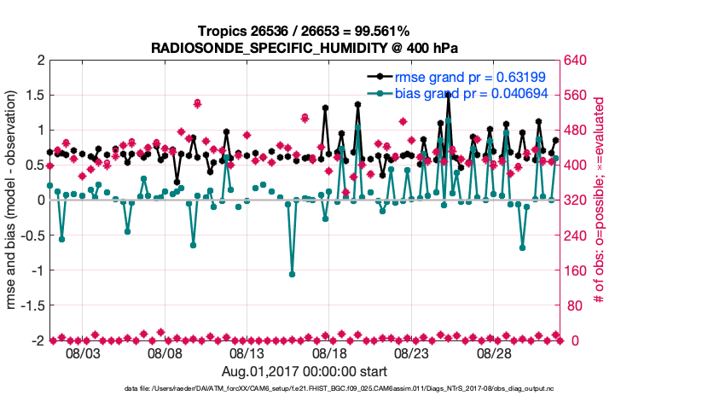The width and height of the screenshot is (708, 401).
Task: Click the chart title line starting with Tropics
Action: pos(305,32)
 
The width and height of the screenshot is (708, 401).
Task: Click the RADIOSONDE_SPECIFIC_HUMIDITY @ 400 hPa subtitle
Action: pos(305,48)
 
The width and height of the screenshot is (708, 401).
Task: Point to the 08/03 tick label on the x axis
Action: pos(83,353)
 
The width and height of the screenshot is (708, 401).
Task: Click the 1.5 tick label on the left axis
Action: pos(35,95)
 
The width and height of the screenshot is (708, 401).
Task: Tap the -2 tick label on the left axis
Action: pos(38,340)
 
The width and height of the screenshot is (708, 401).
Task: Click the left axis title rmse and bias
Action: pos(13,200)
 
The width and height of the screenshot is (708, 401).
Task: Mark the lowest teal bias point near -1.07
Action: pos(292,274)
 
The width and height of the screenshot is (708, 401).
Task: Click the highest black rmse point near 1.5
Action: pos(448,94)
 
